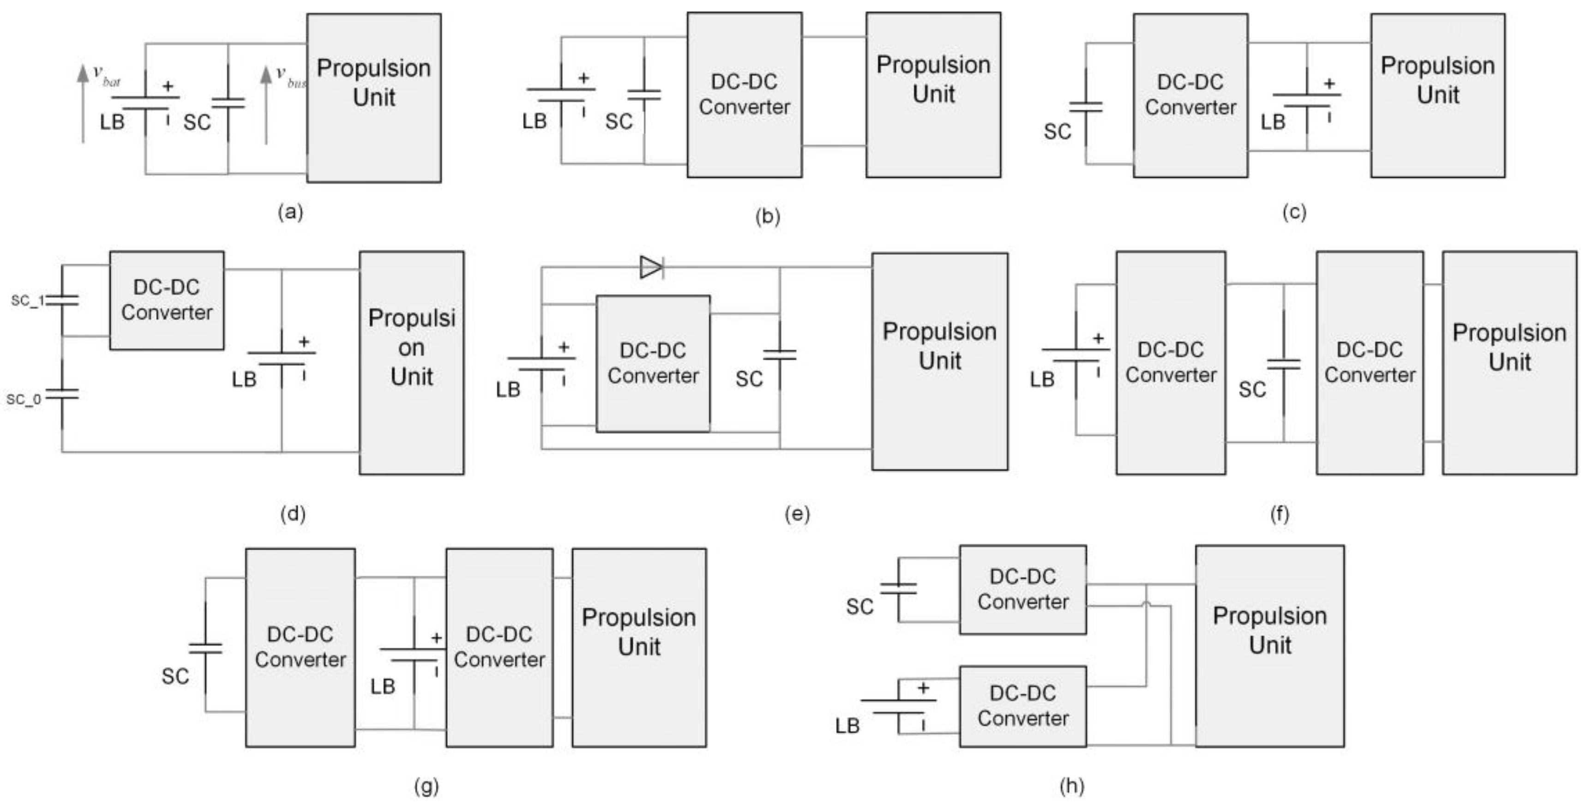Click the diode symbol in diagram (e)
point(651,267)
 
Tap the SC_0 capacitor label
point(24,400)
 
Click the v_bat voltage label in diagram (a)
point(107,75)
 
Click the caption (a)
point(291,212)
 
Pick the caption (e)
point(797,513)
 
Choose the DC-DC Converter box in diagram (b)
point(744,95)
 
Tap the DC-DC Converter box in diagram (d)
point(166,300)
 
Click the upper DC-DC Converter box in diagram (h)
point(1022,589)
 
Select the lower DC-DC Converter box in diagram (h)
point(1022,706)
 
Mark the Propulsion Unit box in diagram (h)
point(1270,645)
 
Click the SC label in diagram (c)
point(1057,131)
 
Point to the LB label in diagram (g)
point(383,686)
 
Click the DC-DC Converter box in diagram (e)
point(652,363)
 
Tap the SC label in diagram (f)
point(1252,389)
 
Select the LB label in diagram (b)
point(534,121)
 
